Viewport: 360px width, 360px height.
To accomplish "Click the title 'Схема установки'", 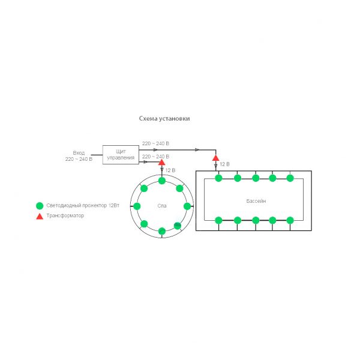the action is coord(164,118).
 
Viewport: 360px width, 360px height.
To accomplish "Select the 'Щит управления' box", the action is coord(121,155).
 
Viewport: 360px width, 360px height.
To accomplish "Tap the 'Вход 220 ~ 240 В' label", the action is coord(79,156).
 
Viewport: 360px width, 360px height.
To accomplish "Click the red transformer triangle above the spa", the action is coord(161,163).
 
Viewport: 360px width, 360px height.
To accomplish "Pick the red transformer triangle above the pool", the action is coord(215,158).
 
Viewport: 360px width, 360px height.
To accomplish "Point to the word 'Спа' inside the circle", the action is coord(162,206).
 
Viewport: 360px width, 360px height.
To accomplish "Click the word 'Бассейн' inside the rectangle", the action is coord(256,201).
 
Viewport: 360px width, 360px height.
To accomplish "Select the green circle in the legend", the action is coord(40,206).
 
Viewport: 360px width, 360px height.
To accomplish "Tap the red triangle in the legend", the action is coord(40,216).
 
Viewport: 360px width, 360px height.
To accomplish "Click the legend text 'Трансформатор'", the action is coord(65,215).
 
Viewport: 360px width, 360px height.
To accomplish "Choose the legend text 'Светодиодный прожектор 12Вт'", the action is coord(83,205).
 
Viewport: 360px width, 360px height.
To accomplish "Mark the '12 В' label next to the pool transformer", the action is coord(224,164).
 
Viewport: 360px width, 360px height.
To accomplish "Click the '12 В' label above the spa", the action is coord(170,170).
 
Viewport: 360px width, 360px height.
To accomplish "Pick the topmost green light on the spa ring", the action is coord(162,181).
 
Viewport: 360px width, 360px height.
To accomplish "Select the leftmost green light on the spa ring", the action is coord(137,206).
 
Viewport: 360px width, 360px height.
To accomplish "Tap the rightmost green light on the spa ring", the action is coord(187,206).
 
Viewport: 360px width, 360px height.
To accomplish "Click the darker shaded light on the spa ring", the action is coord(178,226).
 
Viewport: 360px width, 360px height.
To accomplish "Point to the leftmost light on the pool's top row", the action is coord(218,178).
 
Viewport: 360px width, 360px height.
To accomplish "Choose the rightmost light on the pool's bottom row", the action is coord(290,220).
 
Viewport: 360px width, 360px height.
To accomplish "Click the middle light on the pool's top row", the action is coord(256,178).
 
